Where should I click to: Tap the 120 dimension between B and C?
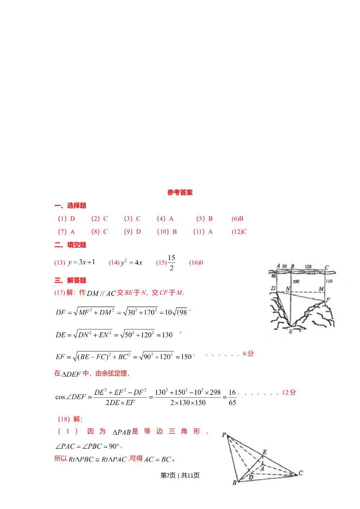(309, 267)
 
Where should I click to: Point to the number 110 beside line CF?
(329, 281)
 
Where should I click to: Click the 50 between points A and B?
(284, 266)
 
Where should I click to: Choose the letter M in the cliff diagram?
(321, 289)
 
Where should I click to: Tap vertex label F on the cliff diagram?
(328, 299)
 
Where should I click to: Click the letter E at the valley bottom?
(291, 331)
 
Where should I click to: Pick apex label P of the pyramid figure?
(224, 435)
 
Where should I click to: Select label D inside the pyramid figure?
(251, 477)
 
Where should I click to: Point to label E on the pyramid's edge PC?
(265, 452)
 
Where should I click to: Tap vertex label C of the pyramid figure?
(301, 473)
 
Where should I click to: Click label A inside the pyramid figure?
(262, 468)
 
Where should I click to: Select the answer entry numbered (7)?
(67, 232)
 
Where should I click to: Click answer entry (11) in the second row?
(203, 232)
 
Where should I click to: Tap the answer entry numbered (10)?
(167, 232)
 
